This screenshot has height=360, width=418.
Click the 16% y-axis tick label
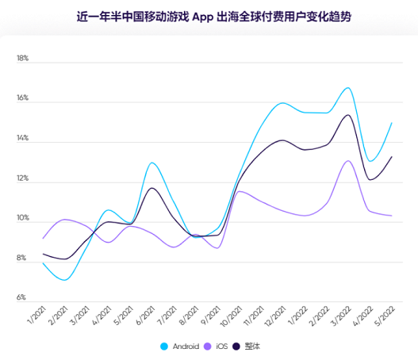(x=22, y=99)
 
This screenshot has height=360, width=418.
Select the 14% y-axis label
(x=22, y=139)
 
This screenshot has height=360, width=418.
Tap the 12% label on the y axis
(x=22, y=179)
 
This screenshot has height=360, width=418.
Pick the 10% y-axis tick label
(x=22, y=219)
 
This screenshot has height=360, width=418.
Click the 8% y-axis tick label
(x=23, y=259)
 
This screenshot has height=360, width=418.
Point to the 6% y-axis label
(x=23, y=298)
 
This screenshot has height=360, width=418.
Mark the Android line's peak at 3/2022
(x=347, y=88)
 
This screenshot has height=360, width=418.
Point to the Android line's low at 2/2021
(x=65, y=280)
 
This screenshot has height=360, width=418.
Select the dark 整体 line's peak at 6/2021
(x=151, y=188)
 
